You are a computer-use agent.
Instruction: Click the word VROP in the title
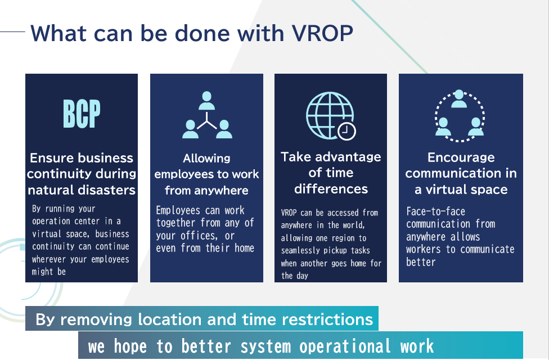(322, 34)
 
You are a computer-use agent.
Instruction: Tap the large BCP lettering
(82, 114)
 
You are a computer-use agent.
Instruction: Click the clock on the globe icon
(346, 131)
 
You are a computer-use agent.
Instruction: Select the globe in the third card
(329, 115)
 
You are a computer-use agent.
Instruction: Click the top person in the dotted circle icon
(458, 99)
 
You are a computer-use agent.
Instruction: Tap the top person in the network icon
(206, 101)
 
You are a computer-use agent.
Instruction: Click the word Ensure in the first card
(47, 158)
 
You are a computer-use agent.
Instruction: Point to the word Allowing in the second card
(206, 158)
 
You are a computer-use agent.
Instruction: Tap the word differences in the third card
(331, 189)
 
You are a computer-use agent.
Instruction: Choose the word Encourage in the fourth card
(461, 157)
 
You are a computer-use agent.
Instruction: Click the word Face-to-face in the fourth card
(435, 211)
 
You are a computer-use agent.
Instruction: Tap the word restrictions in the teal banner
(327, 319)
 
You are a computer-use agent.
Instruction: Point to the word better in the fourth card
(421, 262)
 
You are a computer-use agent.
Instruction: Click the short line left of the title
(12, 32)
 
